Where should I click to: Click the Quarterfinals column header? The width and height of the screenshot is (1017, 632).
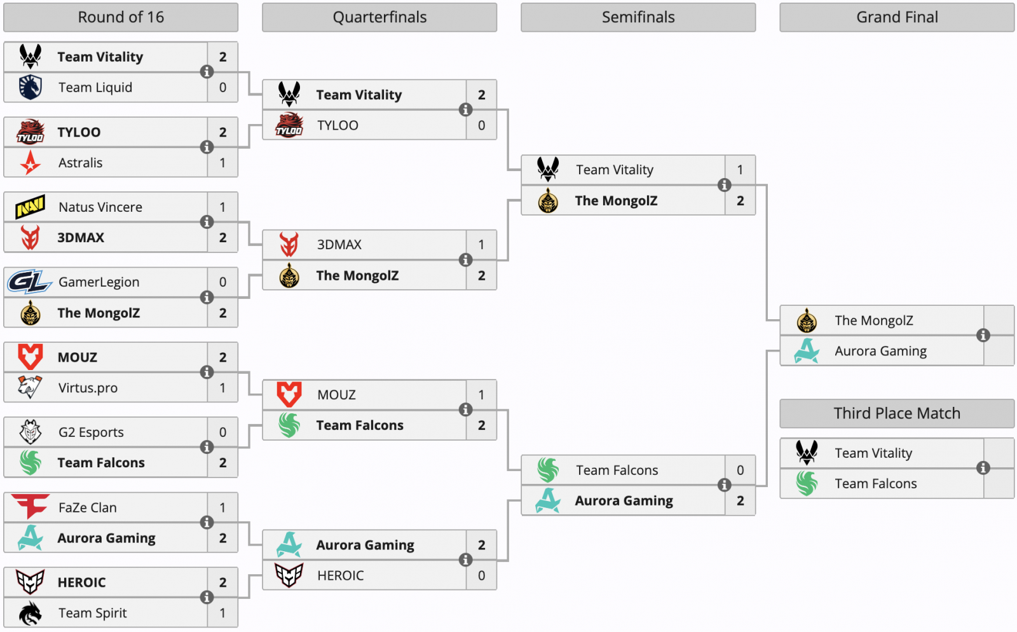(x=379, y=17)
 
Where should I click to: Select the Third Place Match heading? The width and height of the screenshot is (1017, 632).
(x=897, y=413)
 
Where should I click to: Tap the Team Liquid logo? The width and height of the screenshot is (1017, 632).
(x=31, y=87)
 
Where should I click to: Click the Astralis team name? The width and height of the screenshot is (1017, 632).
(x=80, y=163)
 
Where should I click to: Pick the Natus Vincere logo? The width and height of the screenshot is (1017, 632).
(x=31, y=207)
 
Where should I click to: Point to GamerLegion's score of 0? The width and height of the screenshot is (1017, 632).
(x=222, y=282)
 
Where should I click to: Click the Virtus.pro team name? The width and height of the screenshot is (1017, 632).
(x=88, y=388)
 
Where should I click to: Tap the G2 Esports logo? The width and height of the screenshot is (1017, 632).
(x=31, y=432)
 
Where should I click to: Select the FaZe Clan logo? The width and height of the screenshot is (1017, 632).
(x=30, y=507)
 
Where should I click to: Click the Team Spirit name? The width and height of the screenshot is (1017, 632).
(x=93, y=613)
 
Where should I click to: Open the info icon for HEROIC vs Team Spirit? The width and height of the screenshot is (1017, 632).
(x=207, y=597)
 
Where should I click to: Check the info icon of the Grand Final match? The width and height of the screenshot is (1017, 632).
(x=983, y=336)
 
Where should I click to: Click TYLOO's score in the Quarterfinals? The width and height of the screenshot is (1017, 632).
(x=481, y=125)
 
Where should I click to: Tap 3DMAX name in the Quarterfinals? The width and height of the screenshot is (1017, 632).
(x=339, y=245)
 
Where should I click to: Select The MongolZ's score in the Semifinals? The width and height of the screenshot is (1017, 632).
(x=740, y=201)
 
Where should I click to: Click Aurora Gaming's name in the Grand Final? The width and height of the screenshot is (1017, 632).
(x=881, y=351)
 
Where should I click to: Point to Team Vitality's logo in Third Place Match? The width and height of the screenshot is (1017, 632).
(x=807, y=453)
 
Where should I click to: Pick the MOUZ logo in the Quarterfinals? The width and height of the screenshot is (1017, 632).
(x=289, y=394)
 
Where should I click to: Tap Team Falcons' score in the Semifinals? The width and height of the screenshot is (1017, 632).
(x=740, y=470)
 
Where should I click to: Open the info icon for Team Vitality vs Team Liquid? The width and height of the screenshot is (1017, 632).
(x=207, y=72)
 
